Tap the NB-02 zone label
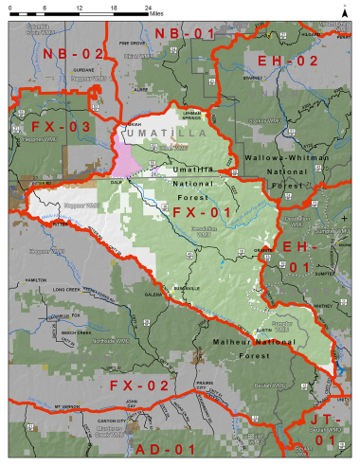72,56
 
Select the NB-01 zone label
185,34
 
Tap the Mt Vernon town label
63,405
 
